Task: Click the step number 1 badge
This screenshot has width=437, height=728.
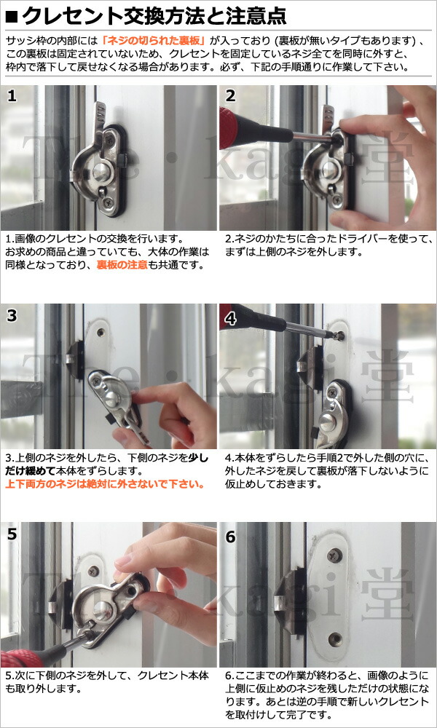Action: point(12,96)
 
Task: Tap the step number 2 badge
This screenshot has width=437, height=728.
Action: point(230,96)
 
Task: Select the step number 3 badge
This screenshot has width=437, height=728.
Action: point(12,315)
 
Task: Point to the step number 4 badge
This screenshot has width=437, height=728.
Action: point(230,315)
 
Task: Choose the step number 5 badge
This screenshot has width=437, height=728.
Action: point(12,534)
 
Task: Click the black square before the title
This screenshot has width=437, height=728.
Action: point(11,15)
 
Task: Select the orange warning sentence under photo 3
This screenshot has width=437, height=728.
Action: point(106,483)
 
